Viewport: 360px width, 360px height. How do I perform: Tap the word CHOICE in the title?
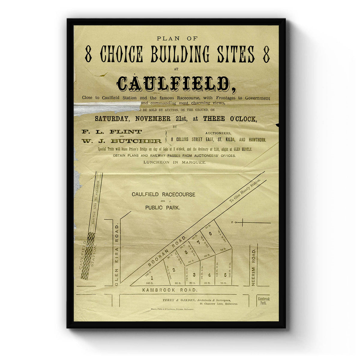(x=121, y=55)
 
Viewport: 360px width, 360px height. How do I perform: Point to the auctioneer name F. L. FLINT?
(x=112, y=132)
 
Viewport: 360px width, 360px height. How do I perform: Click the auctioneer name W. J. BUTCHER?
(x=121, y=141)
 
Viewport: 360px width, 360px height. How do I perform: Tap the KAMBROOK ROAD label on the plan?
(x=170, y=290)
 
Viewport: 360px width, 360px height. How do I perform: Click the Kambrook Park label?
(x=264, y=301)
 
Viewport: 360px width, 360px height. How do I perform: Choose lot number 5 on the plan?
(x=225, y=274)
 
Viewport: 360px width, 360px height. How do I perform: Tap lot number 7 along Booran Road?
(x=198, y=242)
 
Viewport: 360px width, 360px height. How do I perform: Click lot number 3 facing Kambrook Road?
(x=194, y=274)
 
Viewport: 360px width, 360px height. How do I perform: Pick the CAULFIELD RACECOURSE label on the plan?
(x=163, y=194)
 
